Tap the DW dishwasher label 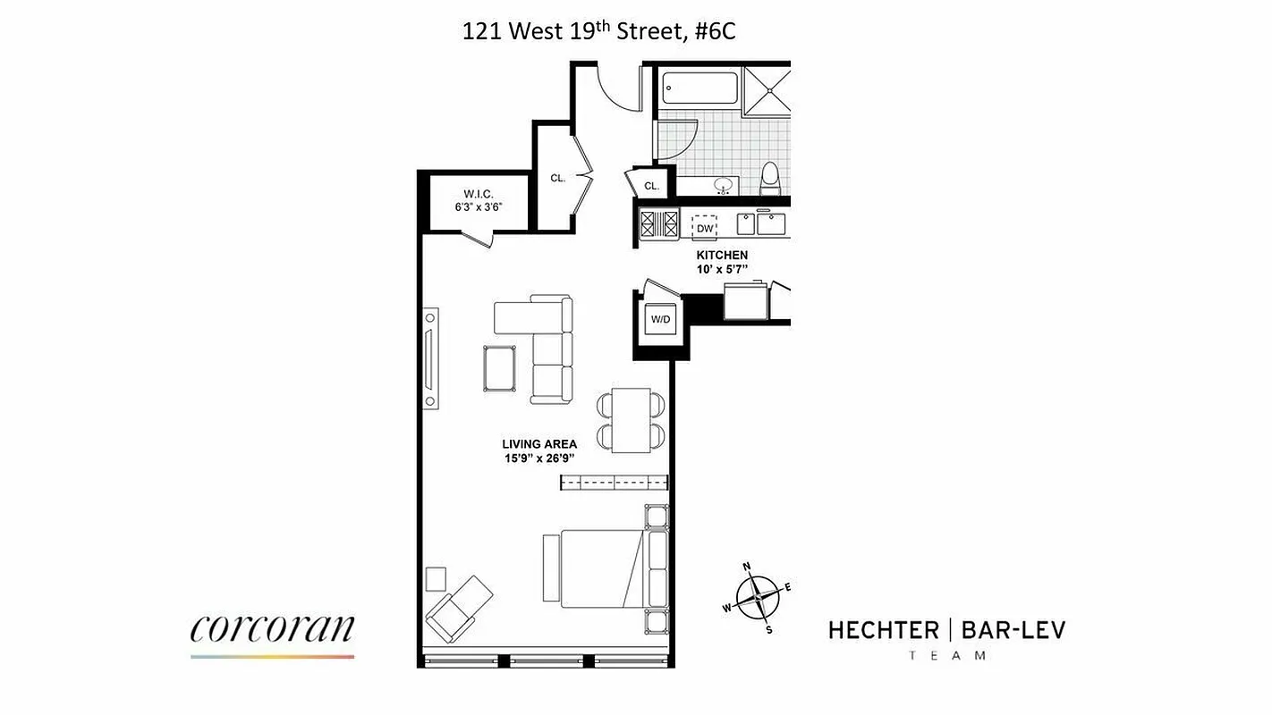click(x=705, y=228)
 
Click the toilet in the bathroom click(x=771, y=180)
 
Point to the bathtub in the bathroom click(x=700, y=88)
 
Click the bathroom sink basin click(x=724, y=186)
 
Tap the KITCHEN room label click(x=722, y=256)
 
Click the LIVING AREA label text click(x=538, y=443)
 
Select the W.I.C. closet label click(x=479, y=194)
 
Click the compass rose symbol click(x=758, y=595)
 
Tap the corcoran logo click(x=272, y=629)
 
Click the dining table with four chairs click(x=632, y=420)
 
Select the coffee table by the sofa click(x=499, y=367)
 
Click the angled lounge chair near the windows click(x=460, y=603)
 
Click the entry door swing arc click(x=616, y=88)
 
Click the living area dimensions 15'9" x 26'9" click(x=538, y=458)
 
